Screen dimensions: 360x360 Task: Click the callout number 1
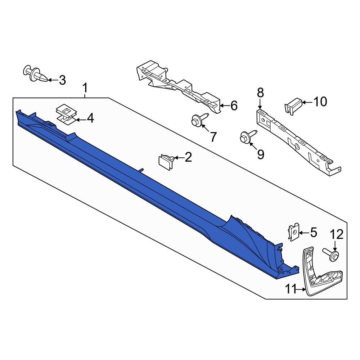pos(85,87)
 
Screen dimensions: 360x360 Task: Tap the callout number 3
pos(62,80)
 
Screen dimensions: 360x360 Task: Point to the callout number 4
pos(90,118)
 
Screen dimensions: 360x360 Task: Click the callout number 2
pos(188,157)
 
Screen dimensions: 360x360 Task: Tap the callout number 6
pos(234,105)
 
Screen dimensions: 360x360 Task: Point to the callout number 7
pos(213,137)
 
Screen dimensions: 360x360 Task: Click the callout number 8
pos(260,93)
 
